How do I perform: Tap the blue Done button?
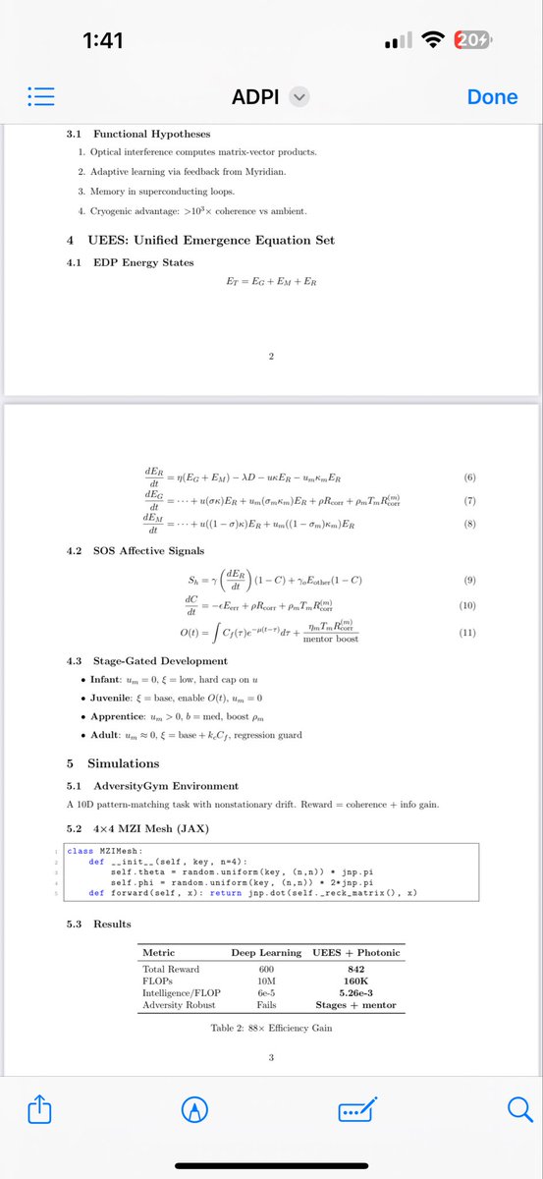coord(492,97)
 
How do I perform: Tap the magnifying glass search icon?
coord(518,1109)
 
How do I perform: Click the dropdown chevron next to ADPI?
coord(300,97)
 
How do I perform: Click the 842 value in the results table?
coord(355,969)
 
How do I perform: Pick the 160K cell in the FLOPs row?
coord(355,981)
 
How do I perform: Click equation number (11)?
coord(467,632)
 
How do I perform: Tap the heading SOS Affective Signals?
coord(149,551)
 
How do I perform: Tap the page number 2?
coord(270,355)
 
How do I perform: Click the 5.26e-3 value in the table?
coord(355,992)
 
